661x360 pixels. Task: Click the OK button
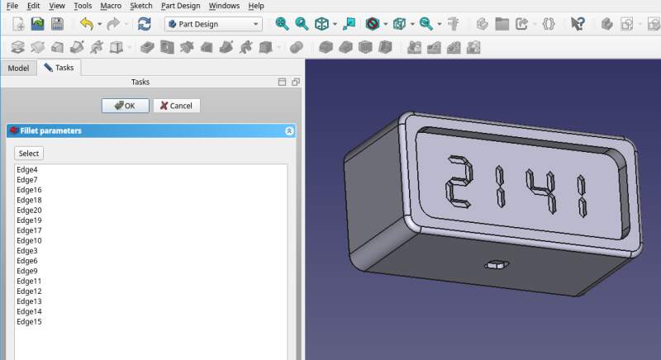(125, 106)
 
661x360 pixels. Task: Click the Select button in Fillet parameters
(29, 154)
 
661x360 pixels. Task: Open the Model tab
(18, 68)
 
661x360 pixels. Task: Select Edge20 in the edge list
(29, 211)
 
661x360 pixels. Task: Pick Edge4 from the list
(27, 170)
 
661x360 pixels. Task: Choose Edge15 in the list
(29, 321)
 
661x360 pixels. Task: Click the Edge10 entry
(29, 240)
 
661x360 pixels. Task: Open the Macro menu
(111, 6)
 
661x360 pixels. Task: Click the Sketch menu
(141, 6)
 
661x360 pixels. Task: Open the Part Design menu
(181, 6)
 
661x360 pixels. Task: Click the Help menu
(256, 6)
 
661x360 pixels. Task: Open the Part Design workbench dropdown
(213, 24)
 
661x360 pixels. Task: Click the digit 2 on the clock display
(458, 182)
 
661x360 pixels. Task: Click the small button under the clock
(496, 265)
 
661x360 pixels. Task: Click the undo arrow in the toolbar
(86, 24)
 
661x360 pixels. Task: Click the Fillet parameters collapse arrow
(289, 130)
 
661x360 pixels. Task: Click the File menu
(12, 6)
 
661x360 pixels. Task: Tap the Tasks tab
(59, 68)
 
